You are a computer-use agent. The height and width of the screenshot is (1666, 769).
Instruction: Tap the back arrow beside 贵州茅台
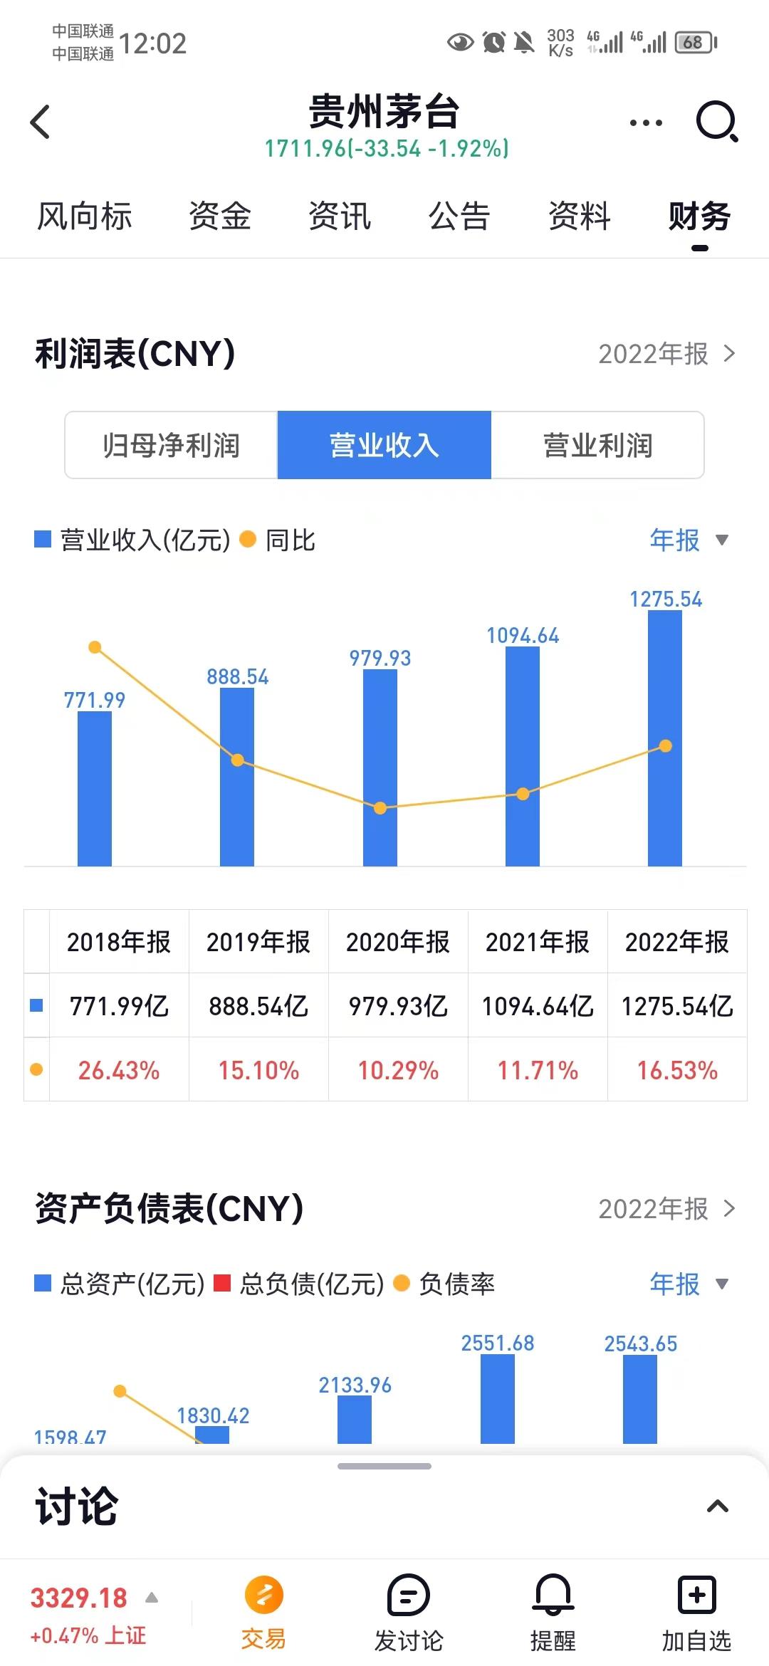[x=41, y=122]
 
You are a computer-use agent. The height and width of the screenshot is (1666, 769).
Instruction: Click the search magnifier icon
[x=716, y=122]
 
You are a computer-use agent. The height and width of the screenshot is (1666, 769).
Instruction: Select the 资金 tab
[x=220, y=216]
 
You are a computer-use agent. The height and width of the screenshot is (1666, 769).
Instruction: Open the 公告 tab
[x=459, y=216]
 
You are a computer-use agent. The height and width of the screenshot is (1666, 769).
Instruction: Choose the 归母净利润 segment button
[x=171, y=446]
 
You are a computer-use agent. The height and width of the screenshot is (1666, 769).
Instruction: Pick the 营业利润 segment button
[x=597, y=446]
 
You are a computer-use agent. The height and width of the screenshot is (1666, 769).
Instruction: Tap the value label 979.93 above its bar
[x=380, y=659]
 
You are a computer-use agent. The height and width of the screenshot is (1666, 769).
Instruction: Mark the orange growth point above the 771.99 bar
[x=95, y=647]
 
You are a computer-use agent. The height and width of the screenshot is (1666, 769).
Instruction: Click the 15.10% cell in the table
[x=258, y=1070]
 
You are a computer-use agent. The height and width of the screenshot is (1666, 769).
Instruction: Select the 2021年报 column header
[x=538, y=942]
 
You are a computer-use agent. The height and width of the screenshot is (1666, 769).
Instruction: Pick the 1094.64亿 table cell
[x=538, y=1006]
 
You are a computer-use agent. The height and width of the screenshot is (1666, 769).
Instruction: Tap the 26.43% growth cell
[x=119, y=1070]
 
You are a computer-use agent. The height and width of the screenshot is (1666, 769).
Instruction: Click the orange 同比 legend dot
[x=248, y=540]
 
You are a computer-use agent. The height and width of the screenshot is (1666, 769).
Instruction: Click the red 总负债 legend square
[x=222, y=1283]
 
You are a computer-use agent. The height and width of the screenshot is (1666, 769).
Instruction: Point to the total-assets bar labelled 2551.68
[x=498, y=1398]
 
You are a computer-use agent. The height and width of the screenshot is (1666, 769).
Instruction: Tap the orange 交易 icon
[x=263, y=1596]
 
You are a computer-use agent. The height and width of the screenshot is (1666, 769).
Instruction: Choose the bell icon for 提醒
[x=553, y=1596]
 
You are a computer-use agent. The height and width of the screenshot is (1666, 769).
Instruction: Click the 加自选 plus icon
[x=696, y=1596]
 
